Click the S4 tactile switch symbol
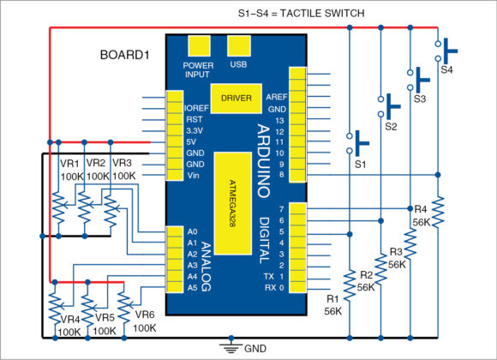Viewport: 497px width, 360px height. (x=446, y=50)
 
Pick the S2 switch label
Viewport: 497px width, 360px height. (x=391, y=127)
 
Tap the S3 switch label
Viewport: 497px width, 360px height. (x=419, y=99)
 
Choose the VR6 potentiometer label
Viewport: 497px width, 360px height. (x=144, y=315)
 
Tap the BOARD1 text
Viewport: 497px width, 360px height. (x=125, y=55)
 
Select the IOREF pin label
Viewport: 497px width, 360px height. (x=196, y=109)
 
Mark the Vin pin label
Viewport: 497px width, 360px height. (x=193, y=175)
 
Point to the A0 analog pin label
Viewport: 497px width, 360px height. (x=191, y=231)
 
